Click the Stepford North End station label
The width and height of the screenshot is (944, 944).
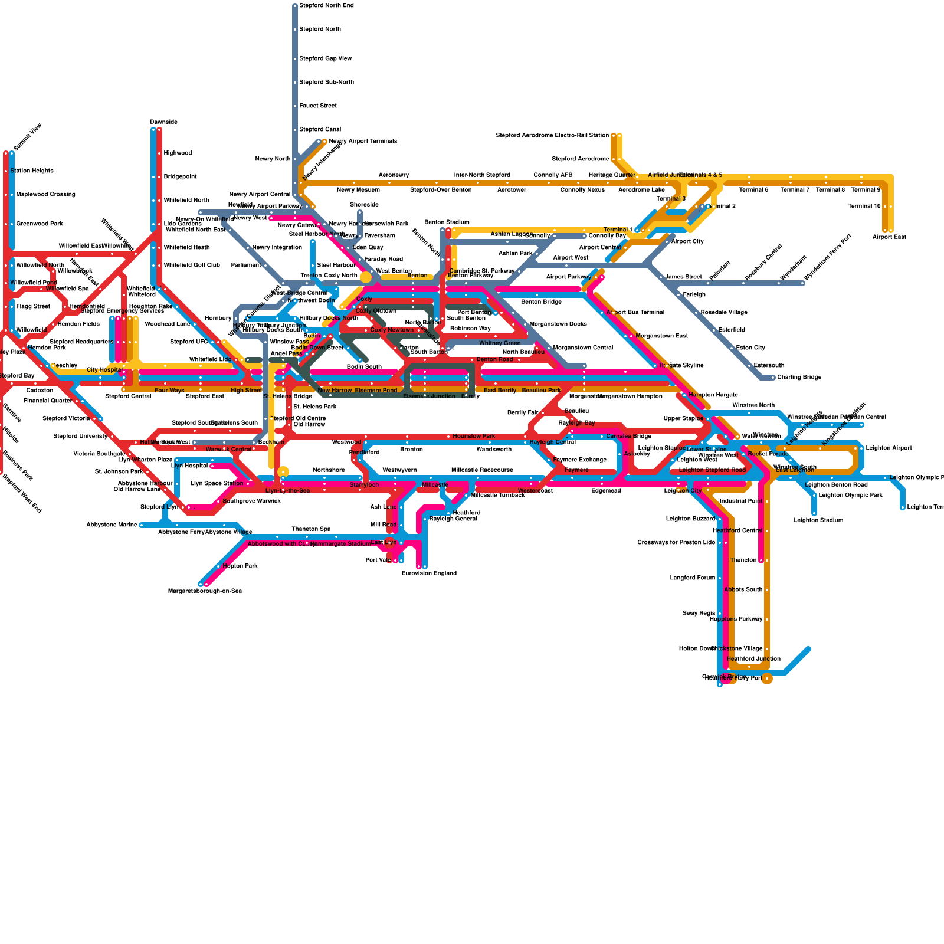326,6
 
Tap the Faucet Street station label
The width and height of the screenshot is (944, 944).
318,106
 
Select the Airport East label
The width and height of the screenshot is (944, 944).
889,237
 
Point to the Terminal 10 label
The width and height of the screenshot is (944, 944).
864,206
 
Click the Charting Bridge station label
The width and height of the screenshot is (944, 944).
799,378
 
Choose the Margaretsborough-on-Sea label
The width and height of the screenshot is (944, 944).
205,591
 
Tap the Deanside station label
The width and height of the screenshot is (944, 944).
163,122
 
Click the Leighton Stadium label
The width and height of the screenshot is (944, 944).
818,520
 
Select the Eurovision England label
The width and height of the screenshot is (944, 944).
429,573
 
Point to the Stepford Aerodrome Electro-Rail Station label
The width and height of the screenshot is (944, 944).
552,136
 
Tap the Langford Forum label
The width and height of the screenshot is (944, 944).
693,578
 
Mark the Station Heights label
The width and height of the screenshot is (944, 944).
35,171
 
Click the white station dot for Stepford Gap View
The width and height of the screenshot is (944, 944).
295,59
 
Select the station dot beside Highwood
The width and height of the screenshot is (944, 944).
159,153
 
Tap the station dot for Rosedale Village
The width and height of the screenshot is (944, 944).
696,313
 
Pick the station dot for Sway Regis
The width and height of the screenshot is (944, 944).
720,614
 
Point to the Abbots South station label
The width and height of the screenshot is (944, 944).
743,590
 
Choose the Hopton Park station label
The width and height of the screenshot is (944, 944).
240,566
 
